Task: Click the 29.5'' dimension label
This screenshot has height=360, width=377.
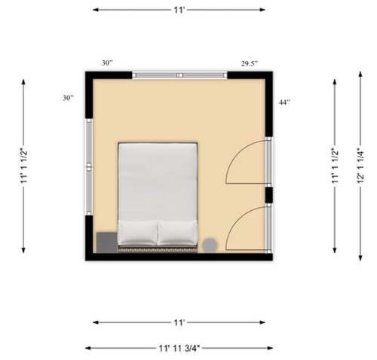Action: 250,64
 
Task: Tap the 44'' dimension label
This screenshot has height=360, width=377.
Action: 284,102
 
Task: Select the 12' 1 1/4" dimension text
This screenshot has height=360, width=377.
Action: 360,166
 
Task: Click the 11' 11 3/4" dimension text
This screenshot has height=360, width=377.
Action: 179,348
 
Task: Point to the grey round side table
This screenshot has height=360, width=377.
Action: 210,246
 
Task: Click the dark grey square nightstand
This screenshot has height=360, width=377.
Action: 107,243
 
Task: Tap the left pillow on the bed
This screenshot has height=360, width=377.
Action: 137,232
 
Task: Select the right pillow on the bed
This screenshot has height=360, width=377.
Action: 177,232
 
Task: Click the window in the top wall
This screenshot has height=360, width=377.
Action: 179,75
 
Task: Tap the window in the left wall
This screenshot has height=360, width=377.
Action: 89,167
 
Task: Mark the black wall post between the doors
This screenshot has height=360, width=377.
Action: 269,195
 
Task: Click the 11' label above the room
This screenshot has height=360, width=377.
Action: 179,10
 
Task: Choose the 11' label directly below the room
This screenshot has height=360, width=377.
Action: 179,322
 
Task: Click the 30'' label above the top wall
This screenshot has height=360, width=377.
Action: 107,63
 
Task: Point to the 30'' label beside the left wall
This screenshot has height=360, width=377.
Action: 69,98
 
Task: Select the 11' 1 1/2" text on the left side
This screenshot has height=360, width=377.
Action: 24,166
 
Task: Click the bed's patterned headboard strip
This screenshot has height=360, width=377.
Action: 158,249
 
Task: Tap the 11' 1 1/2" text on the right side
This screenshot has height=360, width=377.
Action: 335,166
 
